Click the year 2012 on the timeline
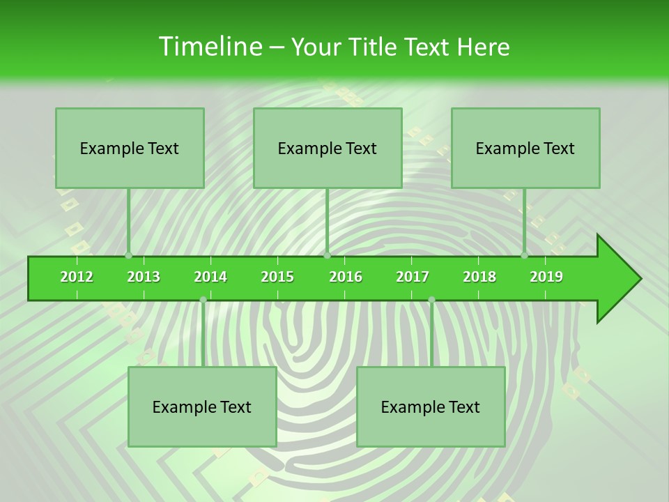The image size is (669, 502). (x=77, y=277)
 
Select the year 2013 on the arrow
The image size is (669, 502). (x=144, y=277)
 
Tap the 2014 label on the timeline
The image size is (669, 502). (x=210, y=277)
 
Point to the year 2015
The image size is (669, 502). (x=277, y=277)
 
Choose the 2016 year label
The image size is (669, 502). (x=346, y=277)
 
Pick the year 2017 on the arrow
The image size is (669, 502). (x=413, y=277)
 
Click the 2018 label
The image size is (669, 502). (x=479, y=277)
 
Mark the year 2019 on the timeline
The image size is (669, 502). (x=546, y=277)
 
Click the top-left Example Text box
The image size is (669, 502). (x=130, y=148)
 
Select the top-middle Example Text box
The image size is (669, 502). (x=328, y=148)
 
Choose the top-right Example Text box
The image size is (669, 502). (x=525, y=148)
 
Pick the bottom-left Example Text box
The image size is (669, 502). (x=202, y=406)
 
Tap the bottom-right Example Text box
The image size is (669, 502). (x=431, y=406)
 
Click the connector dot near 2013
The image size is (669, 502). (x=128, y=255)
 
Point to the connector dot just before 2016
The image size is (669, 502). (x=327, y=255)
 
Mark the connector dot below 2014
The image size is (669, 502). (x=203, y=300)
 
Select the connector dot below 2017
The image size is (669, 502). (x=431, y=300)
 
